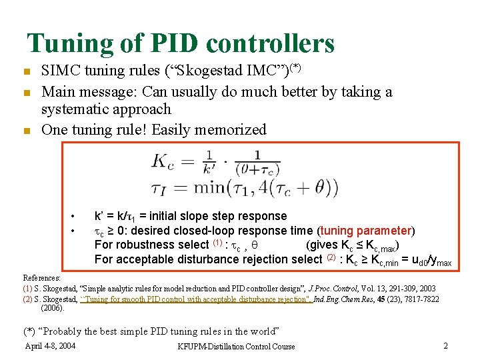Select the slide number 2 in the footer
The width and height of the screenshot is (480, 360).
tap(445, 345)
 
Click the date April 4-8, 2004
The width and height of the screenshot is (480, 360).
tap(50, 345)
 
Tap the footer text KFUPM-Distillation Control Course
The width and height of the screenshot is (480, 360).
tap(236, 346)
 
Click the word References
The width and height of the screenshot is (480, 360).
tap(41, 277)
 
